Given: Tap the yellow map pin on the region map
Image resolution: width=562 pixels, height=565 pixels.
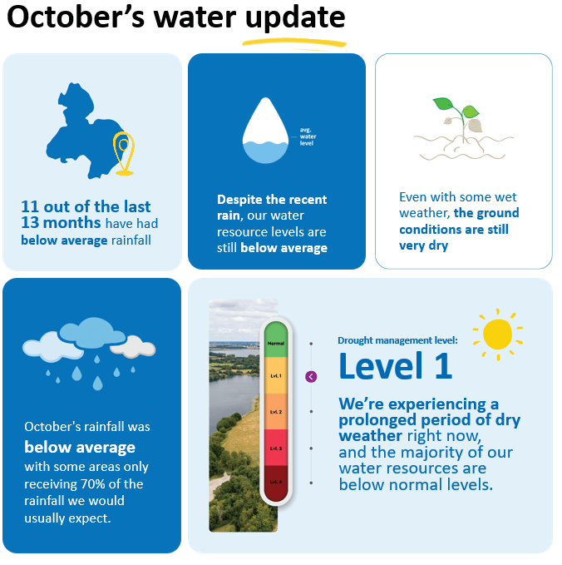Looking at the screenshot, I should pos(124,152).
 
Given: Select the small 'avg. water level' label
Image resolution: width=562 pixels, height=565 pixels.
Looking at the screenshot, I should pos(308,137).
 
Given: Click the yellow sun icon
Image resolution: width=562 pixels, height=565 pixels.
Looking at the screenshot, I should pos(497,334).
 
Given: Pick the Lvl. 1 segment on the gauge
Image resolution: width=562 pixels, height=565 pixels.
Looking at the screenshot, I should pos(275,376).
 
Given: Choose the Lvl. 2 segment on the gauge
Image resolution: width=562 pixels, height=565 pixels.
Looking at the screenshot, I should pos(275,412).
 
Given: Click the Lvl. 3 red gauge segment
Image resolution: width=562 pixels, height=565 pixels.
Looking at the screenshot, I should pos(275,448).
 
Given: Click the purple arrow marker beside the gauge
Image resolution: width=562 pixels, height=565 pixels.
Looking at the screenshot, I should pos(311,377).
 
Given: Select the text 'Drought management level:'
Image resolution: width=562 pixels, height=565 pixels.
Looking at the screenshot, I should pos(397,340).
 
